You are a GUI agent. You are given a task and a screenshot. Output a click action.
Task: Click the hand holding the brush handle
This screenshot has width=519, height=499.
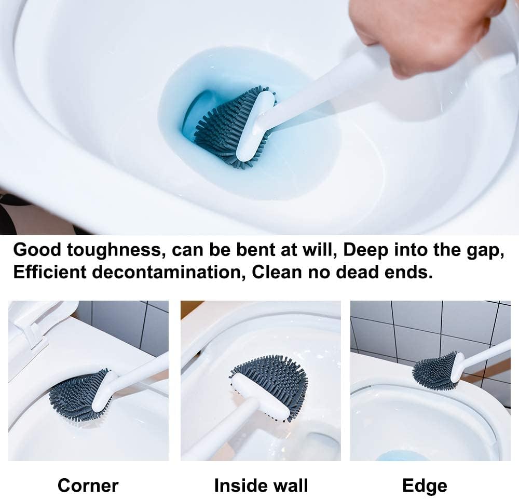coord(423,31)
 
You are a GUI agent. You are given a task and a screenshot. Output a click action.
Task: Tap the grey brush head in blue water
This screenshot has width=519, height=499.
coord(223,127)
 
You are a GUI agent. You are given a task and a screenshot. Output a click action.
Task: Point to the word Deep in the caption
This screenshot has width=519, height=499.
coord(365,250)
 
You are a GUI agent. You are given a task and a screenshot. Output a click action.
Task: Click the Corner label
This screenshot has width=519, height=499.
coord(88,485)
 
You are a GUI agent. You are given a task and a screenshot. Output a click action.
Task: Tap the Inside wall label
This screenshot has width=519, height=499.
coord(261,485)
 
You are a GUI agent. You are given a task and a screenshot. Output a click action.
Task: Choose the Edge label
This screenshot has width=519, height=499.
coord(425,485)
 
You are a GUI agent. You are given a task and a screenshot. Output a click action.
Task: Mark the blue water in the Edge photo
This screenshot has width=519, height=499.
coord(402,456)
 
